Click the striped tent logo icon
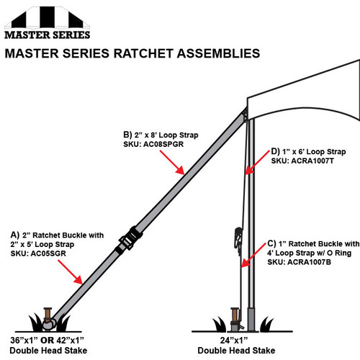click(x=47, y=17)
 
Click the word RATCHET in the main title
click(x=143, y=53)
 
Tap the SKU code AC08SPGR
click(x=163, y=144)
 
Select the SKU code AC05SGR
click(x=48, y=253)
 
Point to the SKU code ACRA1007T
click(x=312, y=161)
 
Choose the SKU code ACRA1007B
click(x=309, y=262)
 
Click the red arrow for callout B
click(x=172, y=162)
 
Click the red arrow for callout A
click(x=71, y=272)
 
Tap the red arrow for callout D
click(x=257, y=162)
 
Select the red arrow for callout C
click(x=253, y=255)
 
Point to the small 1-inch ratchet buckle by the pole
click(x=238, y=238)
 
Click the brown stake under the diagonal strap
click(x=48, y=315)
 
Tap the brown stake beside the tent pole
click(x=235, y=316)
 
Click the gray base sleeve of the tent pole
click(x=251, y=319)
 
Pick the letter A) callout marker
click(x=15, y=235)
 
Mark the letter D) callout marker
click(x=276, y=152)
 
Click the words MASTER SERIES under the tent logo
click(x=48, y=35)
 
